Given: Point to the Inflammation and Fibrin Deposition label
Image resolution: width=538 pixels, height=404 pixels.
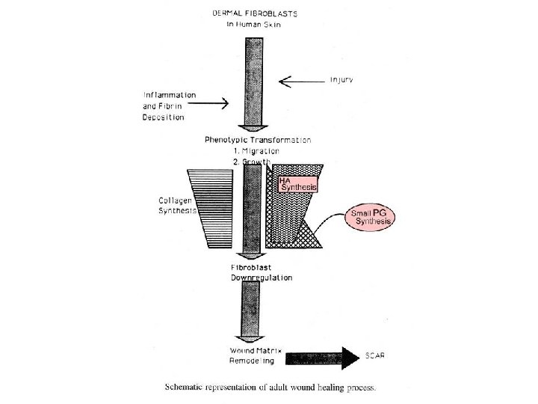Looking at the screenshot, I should click(170, 105).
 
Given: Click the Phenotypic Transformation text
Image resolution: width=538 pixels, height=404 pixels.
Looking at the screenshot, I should click(257, 140).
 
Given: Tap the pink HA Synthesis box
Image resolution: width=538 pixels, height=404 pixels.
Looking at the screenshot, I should click(297, 184).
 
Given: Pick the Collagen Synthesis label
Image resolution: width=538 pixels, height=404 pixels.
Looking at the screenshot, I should click(176, 205).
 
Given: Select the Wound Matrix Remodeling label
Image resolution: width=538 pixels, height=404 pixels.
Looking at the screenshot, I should click(253, 355).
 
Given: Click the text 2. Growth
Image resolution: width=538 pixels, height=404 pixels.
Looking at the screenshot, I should click(253, 162).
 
